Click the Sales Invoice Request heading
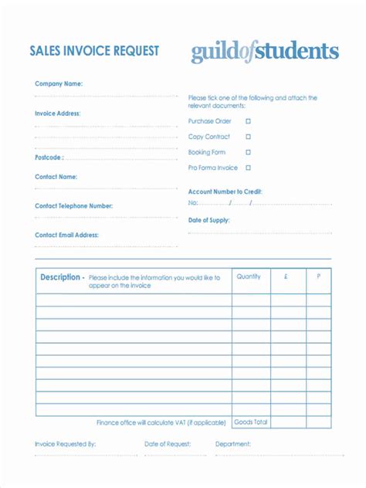click(x=94, y=51)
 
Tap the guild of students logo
click(x=265, y=52)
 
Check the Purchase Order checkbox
click(x=248, y=121)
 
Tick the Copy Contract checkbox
click(x=248, y=137)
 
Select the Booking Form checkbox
click(x=248, y=152)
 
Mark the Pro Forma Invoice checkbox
click(x=248, y=168)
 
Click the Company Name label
click(x=59, y=83)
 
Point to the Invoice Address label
click(x=58, y=114)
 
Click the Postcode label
click(x=49, y=157)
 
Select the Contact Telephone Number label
click(x=73, y=206)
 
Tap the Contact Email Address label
click(x=66, y=235)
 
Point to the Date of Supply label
click(x=209, y=220)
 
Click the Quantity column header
click(x=249, y=276)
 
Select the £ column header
click(x=286, y=276)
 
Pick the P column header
click(x=318, y=276)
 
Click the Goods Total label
click(x=250, y=422)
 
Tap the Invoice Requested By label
click(x=65, y=444)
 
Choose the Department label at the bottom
click(x=233, y=444)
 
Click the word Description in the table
click(x=61, y=277)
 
